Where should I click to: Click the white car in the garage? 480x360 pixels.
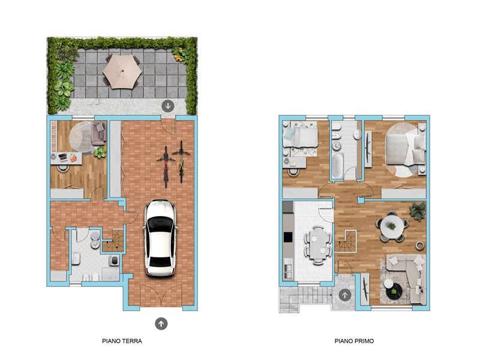[160, 238]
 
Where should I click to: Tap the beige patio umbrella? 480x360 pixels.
[122, 71]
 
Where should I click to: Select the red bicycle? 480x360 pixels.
[166, 166]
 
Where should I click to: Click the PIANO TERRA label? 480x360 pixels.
[122, 341]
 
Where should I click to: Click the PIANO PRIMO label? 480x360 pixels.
[354, 341]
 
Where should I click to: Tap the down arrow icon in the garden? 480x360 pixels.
[168, 106]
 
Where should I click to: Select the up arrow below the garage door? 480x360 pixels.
[161, 323]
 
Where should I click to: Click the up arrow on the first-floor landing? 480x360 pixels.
[345, 295]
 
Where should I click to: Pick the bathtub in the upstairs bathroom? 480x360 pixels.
[338, 166]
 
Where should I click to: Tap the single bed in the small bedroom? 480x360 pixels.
[301, 137]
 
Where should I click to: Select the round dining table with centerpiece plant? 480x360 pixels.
[392, 226]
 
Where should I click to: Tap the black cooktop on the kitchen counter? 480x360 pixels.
[288, 237]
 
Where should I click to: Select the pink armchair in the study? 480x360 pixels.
[98, 133]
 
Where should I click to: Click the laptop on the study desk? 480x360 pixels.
[63, 158]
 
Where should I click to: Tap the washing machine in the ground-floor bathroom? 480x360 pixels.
[114, 260]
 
